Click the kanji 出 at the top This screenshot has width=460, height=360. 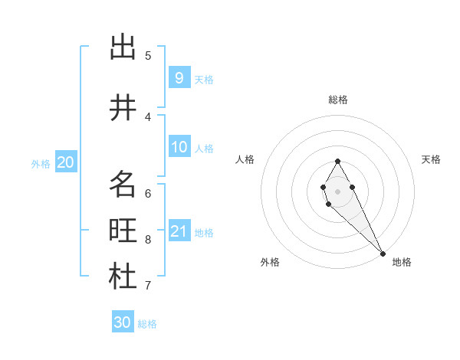click(x=123, y=47)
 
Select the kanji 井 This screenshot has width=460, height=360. click(x=123, y=108)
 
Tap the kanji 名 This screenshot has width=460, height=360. click(x=123, y=185)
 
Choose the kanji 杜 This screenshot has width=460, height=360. click(x=123, y=277)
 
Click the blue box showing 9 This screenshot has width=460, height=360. click(x=179, y=77)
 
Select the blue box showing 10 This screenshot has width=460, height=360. click(x=179, y=147)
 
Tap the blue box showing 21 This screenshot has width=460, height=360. click(x=179, y=231)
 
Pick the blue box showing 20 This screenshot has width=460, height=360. click(x=65, y=162)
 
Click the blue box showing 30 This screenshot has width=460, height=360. click(x=123, y=322)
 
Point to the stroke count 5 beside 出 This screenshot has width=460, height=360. click(x=148, y=55)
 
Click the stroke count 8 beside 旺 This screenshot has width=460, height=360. click(x=148, y=240)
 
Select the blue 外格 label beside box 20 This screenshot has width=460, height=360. click(x=41, y=163)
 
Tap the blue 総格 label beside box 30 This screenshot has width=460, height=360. click(x=147, y=324)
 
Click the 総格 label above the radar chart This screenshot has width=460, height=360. click(x=338, y=100)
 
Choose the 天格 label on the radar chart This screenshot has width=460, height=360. click(x=431, y=159)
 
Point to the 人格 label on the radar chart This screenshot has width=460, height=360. click(x=245, y=159)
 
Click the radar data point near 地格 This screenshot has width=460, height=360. click(x=383, y=253)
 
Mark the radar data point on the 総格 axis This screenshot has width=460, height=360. click(x=337, y=161)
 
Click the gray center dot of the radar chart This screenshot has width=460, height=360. click(x=337, y=190)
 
